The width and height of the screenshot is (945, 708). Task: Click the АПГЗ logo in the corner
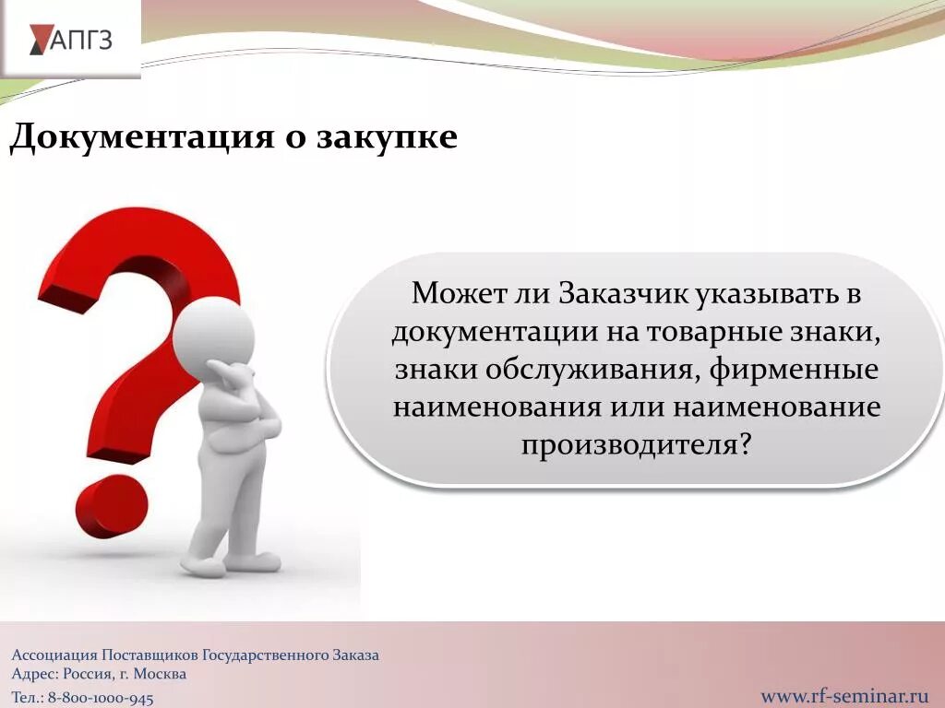tap(71, 40)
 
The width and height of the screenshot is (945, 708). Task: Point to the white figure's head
tap(212, 329)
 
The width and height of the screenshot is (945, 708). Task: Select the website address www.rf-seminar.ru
tap(843, 694)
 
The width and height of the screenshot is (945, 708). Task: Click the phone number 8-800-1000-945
tap(101, 699)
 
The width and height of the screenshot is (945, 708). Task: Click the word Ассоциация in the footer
tap(54, 655)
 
